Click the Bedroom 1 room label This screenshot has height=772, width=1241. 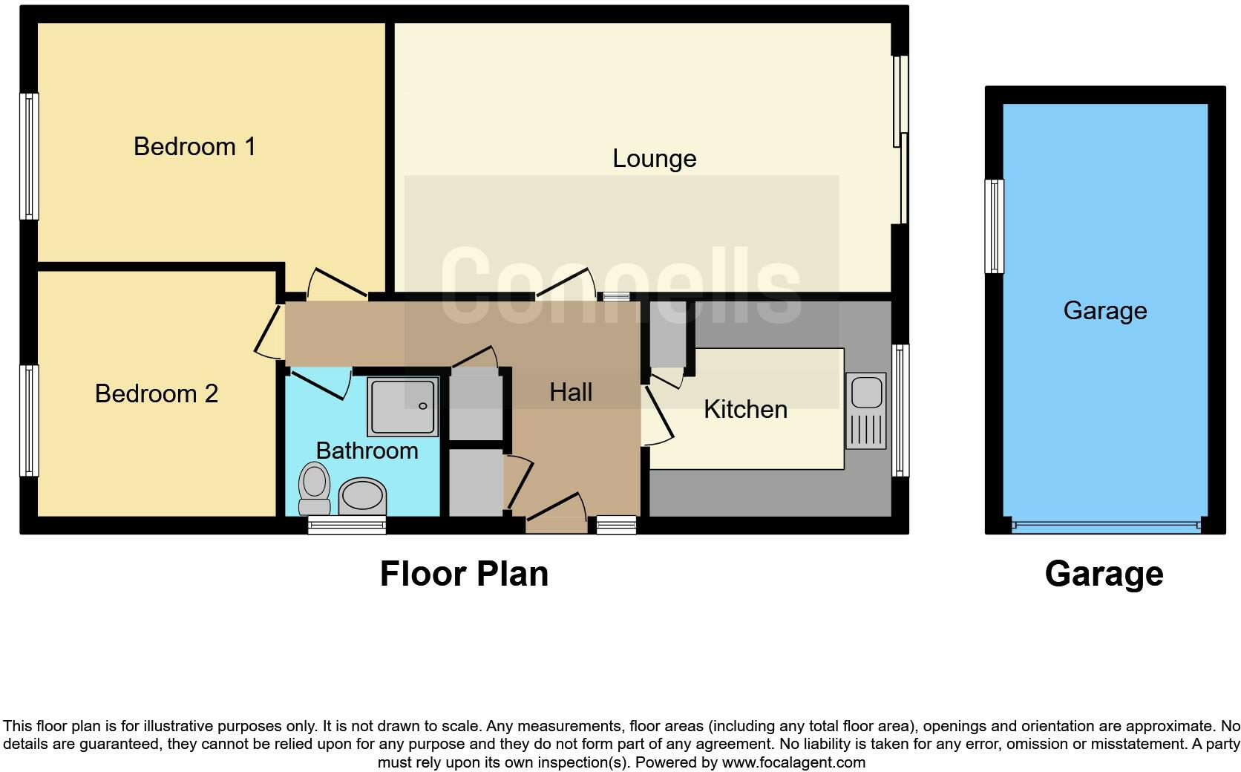coord(194,146)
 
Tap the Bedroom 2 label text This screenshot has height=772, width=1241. coord(157,393)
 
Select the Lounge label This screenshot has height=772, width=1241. coord(654,158)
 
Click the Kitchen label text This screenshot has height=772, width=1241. coord(745,409)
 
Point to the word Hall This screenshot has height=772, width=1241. coord(571,392)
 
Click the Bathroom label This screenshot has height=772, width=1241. coord(367,451)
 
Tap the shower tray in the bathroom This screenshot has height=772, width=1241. coord(403,407)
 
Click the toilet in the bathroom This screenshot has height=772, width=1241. coord(314,488)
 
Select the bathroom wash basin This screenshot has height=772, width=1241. coord(362,494)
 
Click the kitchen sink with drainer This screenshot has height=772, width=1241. coord(865,410)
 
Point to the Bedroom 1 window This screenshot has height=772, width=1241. coord(28,156)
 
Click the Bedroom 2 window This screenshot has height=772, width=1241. coord(28,420)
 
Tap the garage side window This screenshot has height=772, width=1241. coord(994,226)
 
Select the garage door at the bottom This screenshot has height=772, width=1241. coord(1105,526)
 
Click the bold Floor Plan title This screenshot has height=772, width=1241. coord(464,574)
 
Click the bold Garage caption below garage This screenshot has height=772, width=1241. coord(1104,574)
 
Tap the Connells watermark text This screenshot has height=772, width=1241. coord(620,287)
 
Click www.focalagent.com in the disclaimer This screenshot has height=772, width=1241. coord(793,762)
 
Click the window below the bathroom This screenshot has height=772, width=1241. coord(347,526)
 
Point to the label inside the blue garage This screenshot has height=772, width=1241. coord(1104,310)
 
